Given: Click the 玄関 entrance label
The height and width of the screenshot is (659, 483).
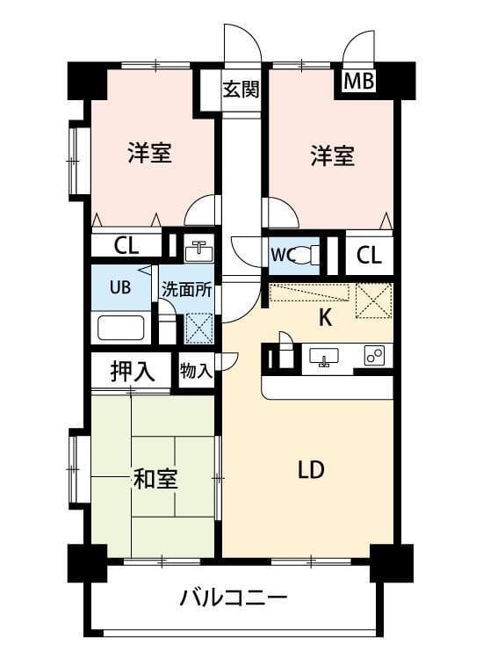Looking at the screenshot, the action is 241,89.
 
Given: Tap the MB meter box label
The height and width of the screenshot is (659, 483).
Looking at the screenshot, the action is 358,81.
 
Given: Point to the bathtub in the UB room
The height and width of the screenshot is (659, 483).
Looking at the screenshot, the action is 121,328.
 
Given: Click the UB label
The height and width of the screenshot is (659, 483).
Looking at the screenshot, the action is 120,287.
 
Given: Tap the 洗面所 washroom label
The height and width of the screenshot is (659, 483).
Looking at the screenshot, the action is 186,290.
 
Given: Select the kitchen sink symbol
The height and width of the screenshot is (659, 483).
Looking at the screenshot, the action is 324,357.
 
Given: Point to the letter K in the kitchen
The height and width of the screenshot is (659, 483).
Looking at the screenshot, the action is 326,317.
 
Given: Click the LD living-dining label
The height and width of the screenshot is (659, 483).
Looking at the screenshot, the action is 311,469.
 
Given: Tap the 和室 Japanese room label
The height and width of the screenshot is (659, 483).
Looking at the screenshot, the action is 155,478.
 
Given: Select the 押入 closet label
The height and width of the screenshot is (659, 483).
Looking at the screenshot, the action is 133,371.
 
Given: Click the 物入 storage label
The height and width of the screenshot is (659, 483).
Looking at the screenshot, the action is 196,371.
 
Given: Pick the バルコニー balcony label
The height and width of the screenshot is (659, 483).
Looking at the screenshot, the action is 234,597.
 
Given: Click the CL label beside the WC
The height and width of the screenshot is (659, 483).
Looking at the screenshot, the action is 369,254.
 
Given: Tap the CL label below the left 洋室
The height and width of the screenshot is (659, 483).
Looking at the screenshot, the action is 126,245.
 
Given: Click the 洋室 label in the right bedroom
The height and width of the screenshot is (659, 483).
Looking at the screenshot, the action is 332,156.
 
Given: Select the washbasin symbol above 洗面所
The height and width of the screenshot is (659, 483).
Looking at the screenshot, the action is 199,252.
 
